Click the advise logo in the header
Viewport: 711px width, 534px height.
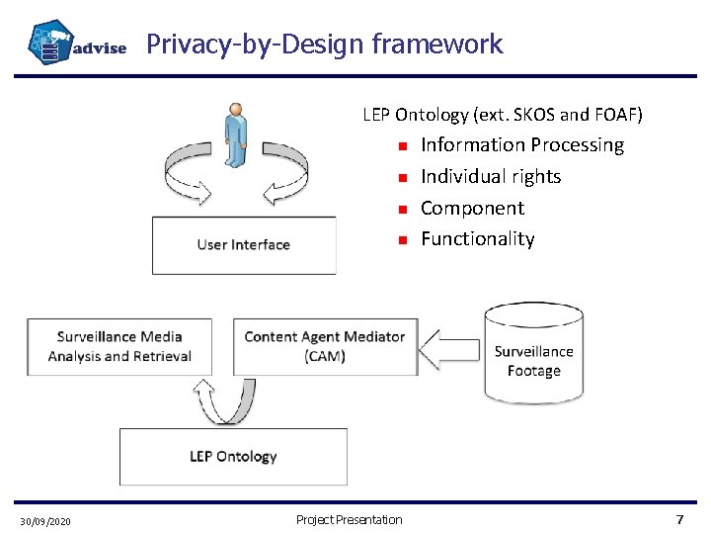click(x=77, y=44)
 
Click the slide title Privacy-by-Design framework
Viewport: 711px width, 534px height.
click(x=324, y=44)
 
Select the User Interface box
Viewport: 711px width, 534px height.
click(x=243, y=245)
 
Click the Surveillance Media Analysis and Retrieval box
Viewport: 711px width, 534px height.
click(x=119, y=346)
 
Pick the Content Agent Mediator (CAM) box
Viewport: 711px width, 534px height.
click(x=325, y=346)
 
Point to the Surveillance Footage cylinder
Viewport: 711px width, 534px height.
click(x=533, y=353)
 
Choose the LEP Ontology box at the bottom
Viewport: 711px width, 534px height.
click(x=233, y=456)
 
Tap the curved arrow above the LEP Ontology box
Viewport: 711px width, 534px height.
click(x=225, y=400)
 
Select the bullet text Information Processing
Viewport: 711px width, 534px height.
click(x=522, y=145)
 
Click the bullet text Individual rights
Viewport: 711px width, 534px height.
click(x=491, y=177)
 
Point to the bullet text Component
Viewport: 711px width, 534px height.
click(x=472, y=208)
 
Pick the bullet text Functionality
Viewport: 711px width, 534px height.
click(x=477, y=239)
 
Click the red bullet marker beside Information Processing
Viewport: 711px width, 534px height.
click(x=403, y=146)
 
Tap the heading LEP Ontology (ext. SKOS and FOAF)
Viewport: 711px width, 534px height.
click(x=503, y=115)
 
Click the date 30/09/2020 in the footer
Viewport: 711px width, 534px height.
click(x=44, y=521)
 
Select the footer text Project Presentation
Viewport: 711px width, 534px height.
click(x=349, y=520)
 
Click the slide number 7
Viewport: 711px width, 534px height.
click(x=678, y=520)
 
